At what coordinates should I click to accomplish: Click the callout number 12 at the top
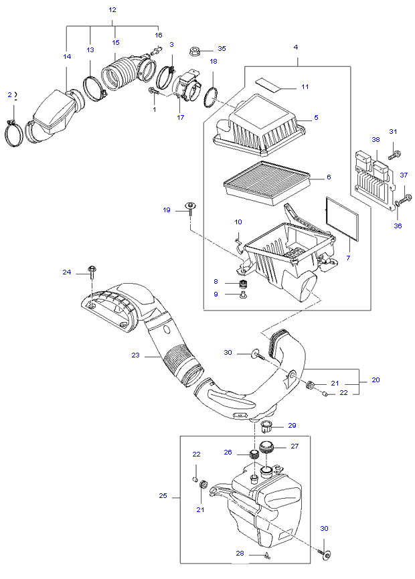click(x=112, y=9)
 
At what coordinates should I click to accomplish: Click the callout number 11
click(x=305, y=87)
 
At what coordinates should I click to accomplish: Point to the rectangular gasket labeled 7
click(x=342, y=219)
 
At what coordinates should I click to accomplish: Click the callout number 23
click(x=135, y=355)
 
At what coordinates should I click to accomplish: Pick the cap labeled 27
click(x=266, y=447)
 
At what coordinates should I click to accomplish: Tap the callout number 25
click(x=163, y=496)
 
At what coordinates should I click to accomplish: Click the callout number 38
click(x=376, y=140)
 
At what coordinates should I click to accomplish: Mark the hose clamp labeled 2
click(x=13, y=133)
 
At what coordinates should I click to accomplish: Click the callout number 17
click(x=181, y=117)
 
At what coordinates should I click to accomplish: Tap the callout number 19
click(x=167, y=210)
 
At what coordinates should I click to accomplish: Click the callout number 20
click(x=376, y=380)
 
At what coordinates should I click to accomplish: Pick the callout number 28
click(x=240, y=553)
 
